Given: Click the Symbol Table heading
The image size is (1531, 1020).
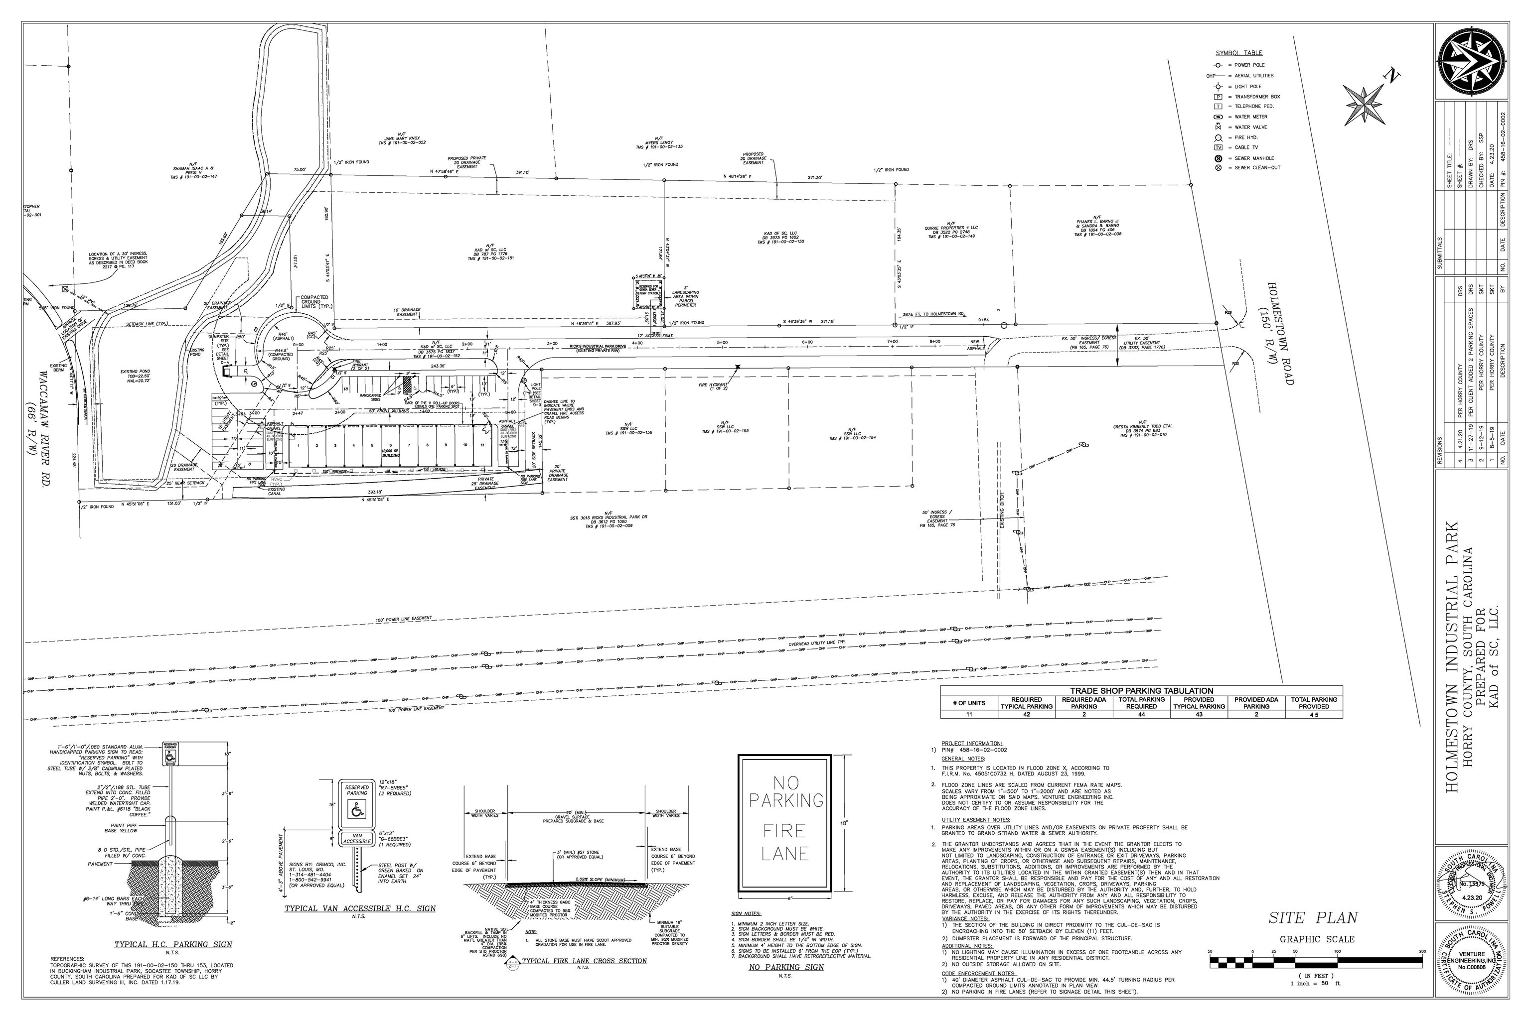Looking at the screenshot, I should click(x=1239, y=53).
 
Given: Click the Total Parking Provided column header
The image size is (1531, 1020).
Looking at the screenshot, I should click(x=1314, y=703).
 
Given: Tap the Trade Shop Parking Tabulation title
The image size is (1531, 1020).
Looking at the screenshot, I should click(x=1142, y=691).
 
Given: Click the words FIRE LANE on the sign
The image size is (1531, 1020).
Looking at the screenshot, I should click(x=784, y=841).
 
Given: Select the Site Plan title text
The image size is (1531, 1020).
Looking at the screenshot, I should click(x=1312, y=918).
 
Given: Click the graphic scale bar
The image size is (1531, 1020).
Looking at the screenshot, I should click(x=1315, y=960).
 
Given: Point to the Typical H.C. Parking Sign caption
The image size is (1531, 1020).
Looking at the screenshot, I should click(x=172, y=944).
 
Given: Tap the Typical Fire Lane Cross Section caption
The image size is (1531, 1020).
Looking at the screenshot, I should click(x=584, y=961).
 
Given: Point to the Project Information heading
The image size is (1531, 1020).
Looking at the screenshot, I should click(x=972, y=743).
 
